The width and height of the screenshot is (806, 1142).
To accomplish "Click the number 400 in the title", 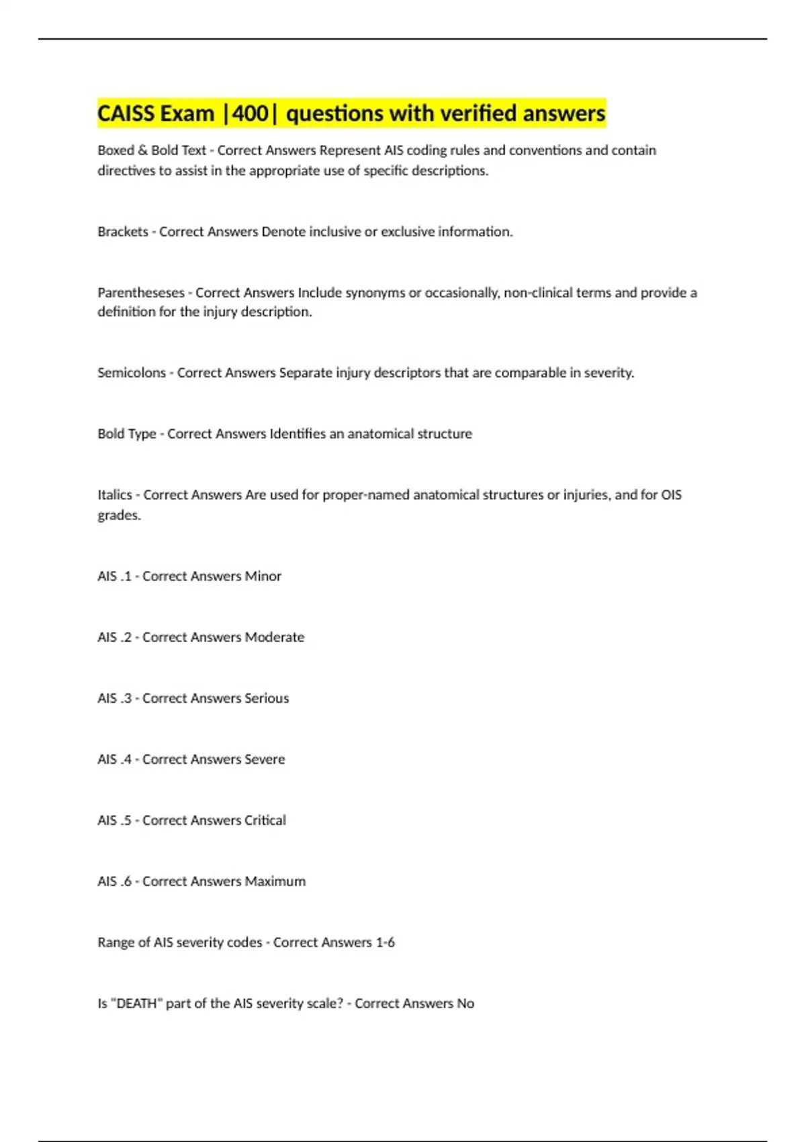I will (x=250, y=114).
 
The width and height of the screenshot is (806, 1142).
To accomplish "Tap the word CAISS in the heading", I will (x=126, y=114).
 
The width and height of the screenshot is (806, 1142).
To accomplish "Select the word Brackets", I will (x=123, y=232).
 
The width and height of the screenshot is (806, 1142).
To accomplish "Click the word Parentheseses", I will (x=141, y=293).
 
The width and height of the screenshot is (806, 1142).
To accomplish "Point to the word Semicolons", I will (x=132, y=373).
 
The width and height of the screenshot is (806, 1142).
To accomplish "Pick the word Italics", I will (x=115, y=495).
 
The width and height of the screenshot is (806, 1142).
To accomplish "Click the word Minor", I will (x=263, y=576).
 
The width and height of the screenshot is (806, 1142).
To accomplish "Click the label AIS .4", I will (x=114, y=760).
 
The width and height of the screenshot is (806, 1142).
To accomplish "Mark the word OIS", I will (x=671, y=495).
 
